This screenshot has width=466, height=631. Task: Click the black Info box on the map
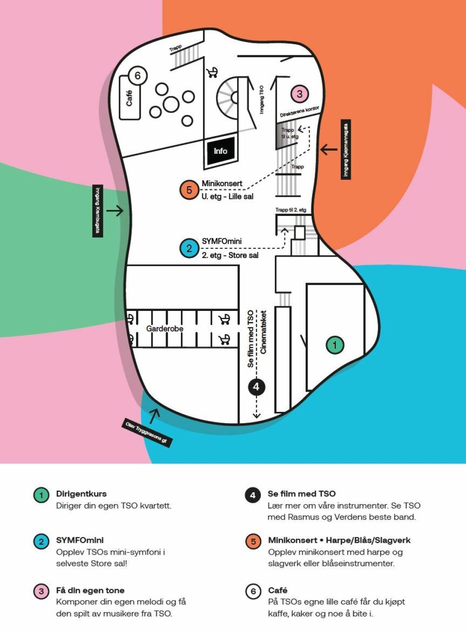tap(221, 151)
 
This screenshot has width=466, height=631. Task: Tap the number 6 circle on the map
tap(138, 75)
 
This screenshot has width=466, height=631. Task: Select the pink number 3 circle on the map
tap(300, 94)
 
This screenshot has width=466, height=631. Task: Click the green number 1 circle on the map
tap(335, 345)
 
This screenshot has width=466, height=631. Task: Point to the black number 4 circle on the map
tap(256, 387)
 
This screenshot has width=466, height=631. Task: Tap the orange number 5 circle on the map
tap(189, 190)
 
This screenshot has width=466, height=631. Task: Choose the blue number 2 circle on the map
tap(189, 248)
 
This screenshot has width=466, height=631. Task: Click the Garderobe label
tap(164, 329)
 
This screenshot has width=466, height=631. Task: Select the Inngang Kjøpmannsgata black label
tap(346, 149)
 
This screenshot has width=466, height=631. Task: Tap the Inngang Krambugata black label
tap(98, 210)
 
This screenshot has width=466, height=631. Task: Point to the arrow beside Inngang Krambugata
tap(115, 210)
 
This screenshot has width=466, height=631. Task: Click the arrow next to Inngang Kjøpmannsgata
tap(328, 149)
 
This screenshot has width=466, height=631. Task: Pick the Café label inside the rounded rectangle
tap(129, 98)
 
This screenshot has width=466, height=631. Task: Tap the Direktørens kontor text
tap(299, 112)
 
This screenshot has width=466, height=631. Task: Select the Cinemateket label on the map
tap(263, 332)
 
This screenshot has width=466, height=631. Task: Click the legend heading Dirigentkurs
tap(81, 494)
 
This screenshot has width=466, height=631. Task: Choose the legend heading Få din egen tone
tap(90, 590)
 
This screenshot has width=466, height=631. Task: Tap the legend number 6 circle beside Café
tap(253, 592)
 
